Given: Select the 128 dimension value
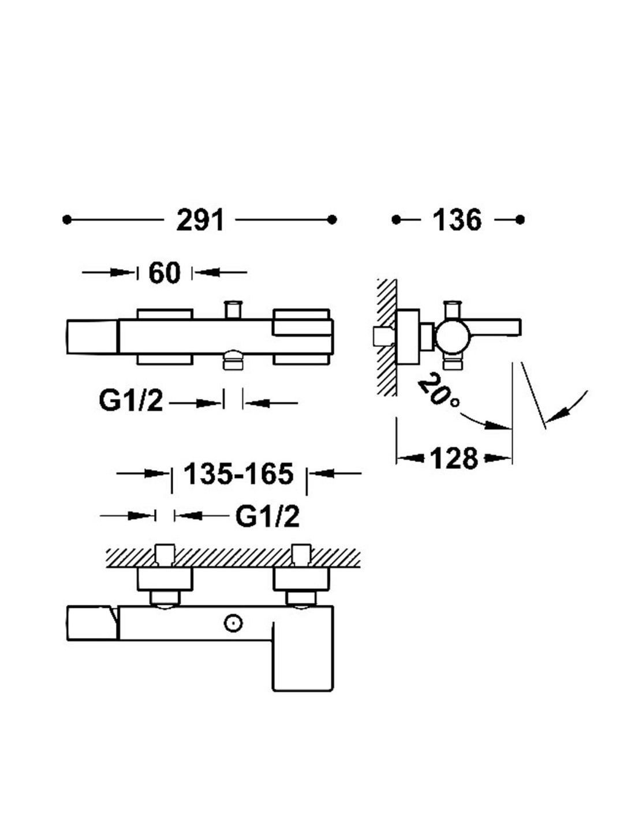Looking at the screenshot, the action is point(454,458).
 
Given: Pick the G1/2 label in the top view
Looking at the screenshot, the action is point(130,401).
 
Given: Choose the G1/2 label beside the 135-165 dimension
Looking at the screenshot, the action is point(267,516).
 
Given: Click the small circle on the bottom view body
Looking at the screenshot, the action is point(232,623).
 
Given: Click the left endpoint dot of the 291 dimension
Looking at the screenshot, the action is point(67,220).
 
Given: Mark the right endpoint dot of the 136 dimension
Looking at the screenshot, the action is point(520,220).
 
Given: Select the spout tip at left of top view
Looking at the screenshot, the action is point(92,337).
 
